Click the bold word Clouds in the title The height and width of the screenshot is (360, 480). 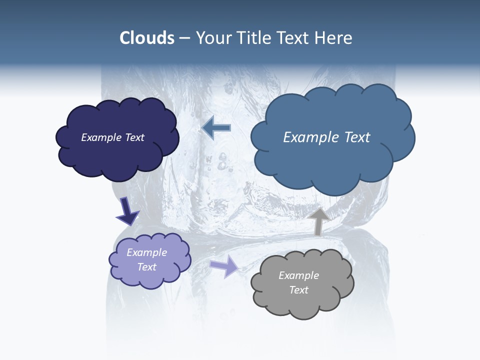tap(146, 38)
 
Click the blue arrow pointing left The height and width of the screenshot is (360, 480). tap(216, 127)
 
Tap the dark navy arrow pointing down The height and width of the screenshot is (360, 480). tap(127, 210)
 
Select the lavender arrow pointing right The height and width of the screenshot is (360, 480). tap(224, 265)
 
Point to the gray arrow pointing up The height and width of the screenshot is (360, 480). tap(318, 220)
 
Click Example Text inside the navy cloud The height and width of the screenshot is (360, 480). tap(112, 137)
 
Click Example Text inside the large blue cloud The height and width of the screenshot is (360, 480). tap(326, 137)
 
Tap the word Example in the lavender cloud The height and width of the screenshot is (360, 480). tap(146, 252)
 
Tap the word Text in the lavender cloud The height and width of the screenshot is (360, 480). tap(146, 267)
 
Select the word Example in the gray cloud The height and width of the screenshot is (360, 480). tap(298, 275)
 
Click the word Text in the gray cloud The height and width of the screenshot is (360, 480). tap(298, 290)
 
